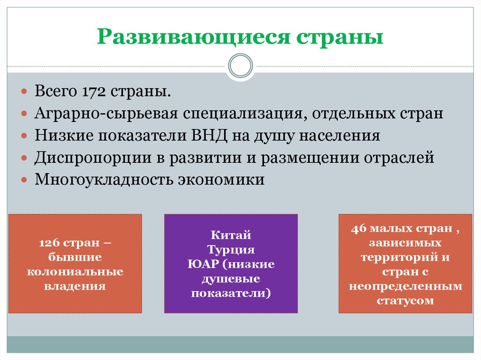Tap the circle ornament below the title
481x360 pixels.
click(x=240, y=66)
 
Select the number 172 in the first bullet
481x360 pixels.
click(x=93, y=92)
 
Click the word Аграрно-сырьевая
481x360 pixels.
click(x=106, y=114)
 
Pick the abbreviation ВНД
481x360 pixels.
click(x=209, y=136)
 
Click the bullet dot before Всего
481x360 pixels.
click(x=24, y=92)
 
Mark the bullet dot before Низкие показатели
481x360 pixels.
click(x=24, y=136)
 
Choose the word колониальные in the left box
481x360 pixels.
click(x=75, y=272)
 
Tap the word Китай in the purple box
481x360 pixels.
click(x=231, y=235)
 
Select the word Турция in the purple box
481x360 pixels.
click(x=231, y=250)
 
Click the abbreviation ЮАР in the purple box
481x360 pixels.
click(x=203, y=264)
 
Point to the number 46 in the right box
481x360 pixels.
click(x=359, y=229)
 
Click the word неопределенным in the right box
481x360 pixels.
click(x=405, y=286)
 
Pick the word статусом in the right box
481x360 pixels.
click(x=405, y=300)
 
